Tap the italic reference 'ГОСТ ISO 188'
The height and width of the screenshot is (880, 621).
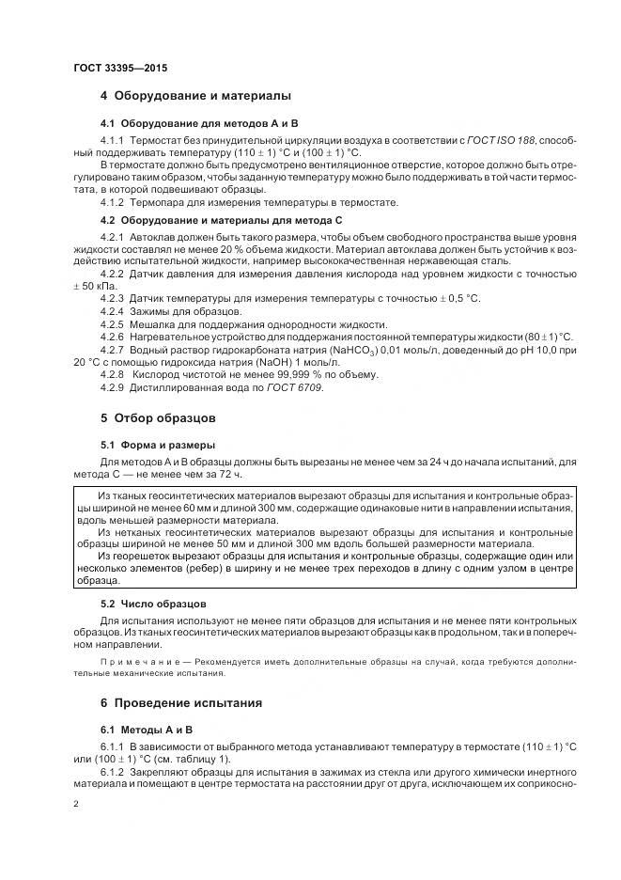coord(502,140)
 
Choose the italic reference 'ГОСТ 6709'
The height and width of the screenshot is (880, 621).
coord(299,387)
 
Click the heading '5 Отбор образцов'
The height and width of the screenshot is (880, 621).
coord(158,416)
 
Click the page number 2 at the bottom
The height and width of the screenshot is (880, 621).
coord(75,805)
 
